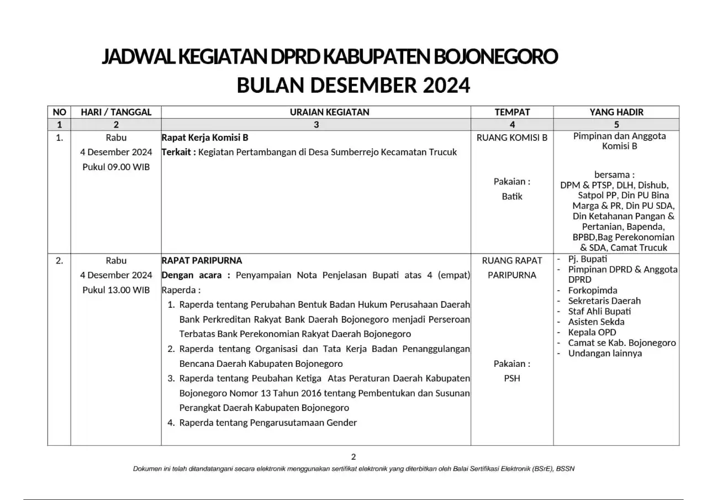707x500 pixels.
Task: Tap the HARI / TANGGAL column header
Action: click(x=116, y=112)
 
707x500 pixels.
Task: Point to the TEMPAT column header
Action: click(x=512, y=112)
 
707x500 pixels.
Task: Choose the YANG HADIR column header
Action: click(x=616, y=112)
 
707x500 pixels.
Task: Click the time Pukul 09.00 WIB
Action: click(x=116, y=167)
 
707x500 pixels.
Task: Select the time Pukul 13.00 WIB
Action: click(x=116, y=290)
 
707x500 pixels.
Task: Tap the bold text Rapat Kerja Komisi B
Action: click(x=201, y=138)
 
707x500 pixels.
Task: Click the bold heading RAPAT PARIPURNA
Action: click(x=202, y=260)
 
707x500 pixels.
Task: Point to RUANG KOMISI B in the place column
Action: click(x=512, y=138)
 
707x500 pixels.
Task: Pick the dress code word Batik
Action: click(x=512, y=196)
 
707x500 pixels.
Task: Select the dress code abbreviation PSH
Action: click(x=512, y=378)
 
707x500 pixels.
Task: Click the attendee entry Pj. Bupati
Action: click(x=588, y=259)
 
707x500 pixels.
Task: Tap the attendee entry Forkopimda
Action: click(x=593, y=290)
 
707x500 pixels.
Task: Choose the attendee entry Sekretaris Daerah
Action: click(x=604, y=301)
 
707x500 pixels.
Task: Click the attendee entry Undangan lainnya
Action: click(x=605, y=353)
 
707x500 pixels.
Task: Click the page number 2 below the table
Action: click(x=353, y=456)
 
